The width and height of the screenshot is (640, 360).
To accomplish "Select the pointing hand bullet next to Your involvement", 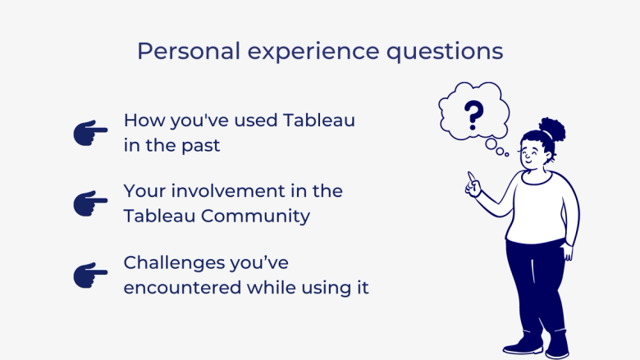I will pos(90,203).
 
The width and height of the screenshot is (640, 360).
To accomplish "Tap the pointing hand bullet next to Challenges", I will pos(90,275).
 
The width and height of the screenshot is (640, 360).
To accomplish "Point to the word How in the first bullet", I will pos(142,120).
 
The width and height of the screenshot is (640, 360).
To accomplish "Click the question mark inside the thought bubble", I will pos(473,116).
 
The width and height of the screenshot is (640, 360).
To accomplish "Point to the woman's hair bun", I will pos(553,128).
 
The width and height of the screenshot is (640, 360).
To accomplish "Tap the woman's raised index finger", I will pos(470,176).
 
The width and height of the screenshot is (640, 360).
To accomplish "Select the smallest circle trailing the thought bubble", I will pos(507,154).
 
